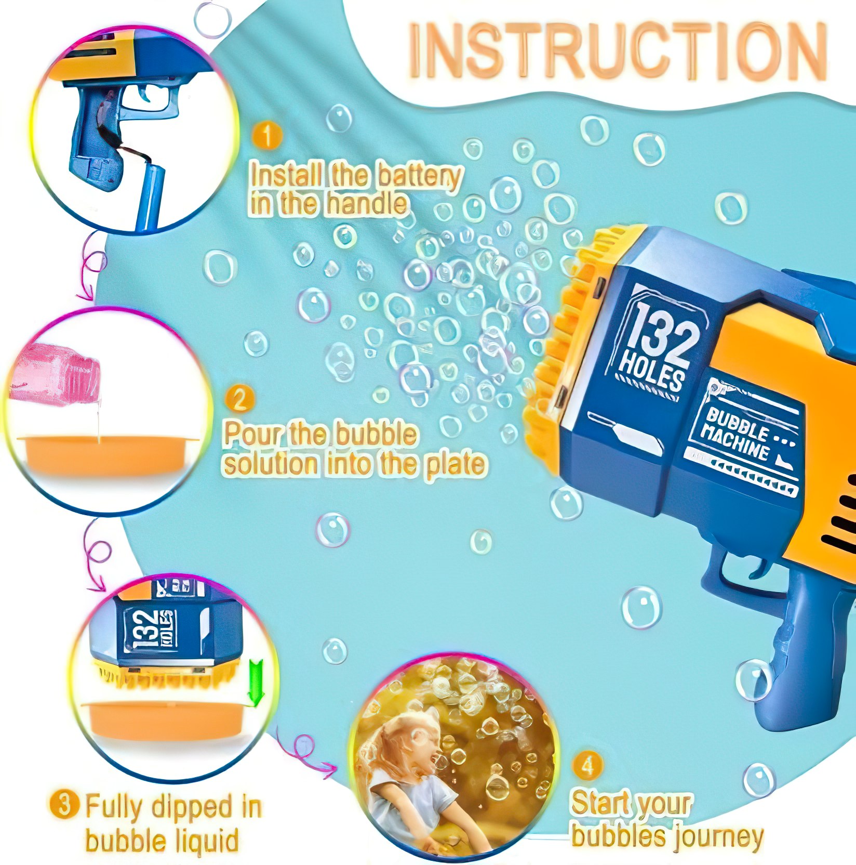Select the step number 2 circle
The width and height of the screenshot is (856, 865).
tap(239, 400)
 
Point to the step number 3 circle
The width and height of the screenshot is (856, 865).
tap(64, 805)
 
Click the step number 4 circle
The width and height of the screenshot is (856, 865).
tap(587, 766)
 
